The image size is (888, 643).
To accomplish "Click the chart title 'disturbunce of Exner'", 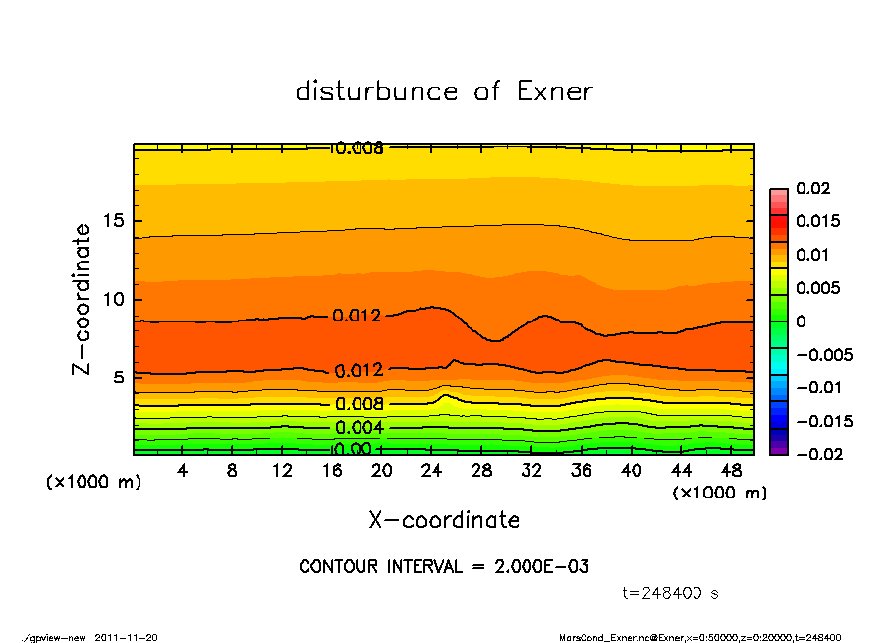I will (444, 91).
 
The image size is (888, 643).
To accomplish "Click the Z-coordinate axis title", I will (83, 299).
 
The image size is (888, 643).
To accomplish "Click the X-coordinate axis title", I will (444, 519).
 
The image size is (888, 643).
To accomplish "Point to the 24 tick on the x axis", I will (431, 471).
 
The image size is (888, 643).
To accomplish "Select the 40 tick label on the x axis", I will (631, 471).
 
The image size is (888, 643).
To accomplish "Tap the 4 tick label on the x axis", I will (183, 471).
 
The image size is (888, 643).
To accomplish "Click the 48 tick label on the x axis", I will (730, 471).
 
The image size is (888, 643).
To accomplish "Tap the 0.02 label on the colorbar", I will (813, 188).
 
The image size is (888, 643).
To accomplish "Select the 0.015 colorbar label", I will (817, 221).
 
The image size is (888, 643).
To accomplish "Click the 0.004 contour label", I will (359, 428).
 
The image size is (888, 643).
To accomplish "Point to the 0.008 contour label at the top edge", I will (360, 148).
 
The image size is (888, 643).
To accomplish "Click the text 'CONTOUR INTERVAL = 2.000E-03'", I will (444, 567).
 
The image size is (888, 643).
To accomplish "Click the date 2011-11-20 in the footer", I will (127, 637).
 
